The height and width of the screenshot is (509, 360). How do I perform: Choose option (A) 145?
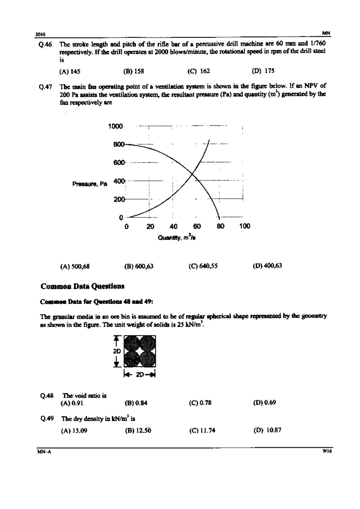pyautogui.click(x=70, y=72)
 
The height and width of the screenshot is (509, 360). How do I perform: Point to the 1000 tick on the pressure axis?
pyautogui.click(x=116, y=126)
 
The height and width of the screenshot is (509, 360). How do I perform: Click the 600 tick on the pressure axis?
pyautogui.click(x=119, y=163)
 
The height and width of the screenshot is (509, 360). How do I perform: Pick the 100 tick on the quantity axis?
pyautogui.click(x=245, y=226)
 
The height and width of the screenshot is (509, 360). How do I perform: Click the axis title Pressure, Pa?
pyautogui.click(x=90, y=184)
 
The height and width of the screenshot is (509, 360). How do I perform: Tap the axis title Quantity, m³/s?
pyautogui.click(x=177, y=237)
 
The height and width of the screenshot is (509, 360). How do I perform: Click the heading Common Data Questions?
pyautogui.click(x=83, y=286)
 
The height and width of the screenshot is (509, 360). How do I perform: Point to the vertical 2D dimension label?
pyautogui.click(x=117, y=351)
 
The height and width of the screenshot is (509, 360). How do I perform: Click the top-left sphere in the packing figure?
pyautogui.click(x=132, y=343)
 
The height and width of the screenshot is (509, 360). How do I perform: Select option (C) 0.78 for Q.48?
pyautogui.click(x=200, y=403)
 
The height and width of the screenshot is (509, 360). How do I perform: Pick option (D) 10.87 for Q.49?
pyautogui.click(x=267, y=430)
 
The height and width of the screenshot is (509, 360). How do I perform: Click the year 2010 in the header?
pyautogui.click(x=40, y=34)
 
